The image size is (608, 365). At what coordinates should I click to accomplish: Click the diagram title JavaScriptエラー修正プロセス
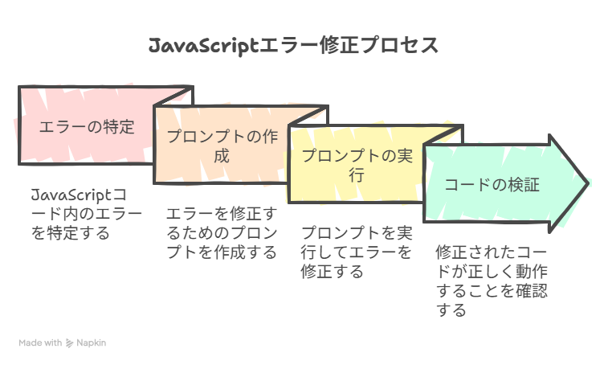click(293, 46)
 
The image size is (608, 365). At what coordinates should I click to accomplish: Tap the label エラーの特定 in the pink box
click(87, 127)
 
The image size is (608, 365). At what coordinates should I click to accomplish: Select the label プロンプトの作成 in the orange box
click(222, 146)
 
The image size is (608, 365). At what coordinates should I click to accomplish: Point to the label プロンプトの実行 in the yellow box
click(357, 165)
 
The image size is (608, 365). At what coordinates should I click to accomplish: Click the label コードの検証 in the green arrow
click(492, 185)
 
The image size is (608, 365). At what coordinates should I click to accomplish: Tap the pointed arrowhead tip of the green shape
click(589, 183)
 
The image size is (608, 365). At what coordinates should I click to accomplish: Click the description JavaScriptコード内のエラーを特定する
click(87, 214)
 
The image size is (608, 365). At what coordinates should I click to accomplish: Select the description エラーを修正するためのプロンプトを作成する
click(222, 233)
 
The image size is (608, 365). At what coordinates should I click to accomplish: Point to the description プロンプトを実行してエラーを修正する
click(357, 252)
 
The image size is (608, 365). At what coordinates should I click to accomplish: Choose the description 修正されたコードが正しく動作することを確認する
click(492, 281)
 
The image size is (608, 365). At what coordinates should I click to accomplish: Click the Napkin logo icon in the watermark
click(69, 343)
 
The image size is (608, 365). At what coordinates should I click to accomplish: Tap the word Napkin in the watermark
click(91, 342)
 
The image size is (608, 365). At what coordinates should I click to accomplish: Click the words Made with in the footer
click(40, 342)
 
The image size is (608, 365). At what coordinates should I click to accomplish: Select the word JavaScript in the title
click(203, 46)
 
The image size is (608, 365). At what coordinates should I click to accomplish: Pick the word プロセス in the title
click(399, 45)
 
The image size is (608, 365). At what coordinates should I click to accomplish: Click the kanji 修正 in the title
click(339, 45)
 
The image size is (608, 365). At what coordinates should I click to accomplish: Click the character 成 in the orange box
click(222, 156)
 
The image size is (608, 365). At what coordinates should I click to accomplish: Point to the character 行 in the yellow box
click(357, 175)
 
